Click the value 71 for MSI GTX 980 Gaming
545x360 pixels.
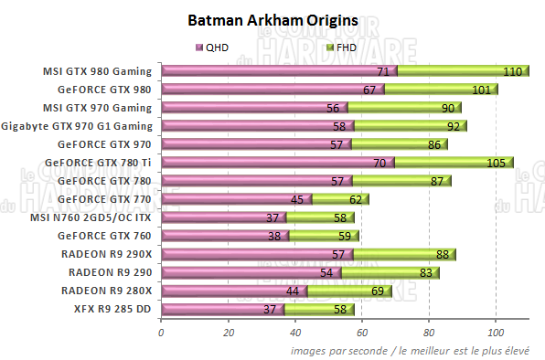[x=384, y=71]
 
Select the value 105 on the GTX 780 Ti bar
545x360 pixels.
[x=497, y=163]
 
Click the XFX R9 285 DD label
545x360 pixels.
[x=112, y=308]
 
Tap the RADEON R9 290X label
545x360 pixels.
[x=107, y=253]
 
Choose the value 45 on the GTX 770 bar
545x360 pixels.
[x=297, y=199]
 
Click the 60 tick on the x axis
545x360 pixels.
[x=362, y=332]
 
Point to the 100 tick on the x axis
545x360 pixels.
[x=496, y=332]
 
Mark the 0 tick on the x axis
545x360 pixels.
[x=161, y=332]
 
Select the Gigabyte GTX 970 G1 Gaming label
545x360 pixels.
[x=77, y=125]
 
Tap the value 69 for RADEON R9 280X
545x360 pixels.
[x=377, y=291]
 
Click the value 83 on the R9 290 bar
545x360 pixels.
[x=424, y=272]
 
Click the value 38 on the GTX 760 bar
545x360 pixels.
[x=274, y=236]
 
